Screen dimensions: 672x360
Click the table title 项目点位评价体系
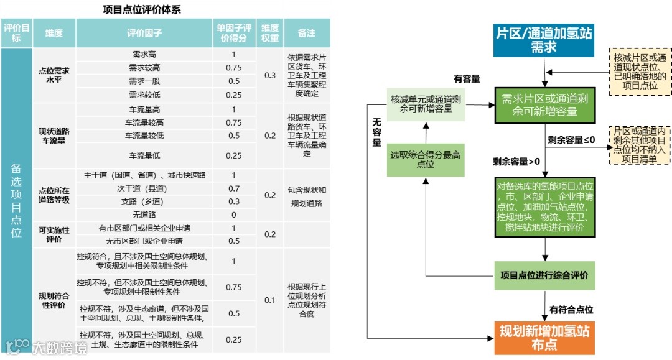(x=142, y=9)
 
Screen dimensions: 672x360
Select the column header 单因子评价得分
(x=234, y=33)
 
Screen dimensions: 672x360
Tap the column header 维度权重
(x=269, y=33)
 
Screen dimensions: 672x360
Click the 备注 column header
(x=307, y=33)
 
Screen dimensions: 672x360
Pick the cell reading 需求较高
(x=144, y=68)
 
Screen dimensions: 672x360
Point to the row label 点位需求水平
(x=54, y=75)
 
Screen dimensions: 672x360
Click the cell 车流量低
(x=144, y=155)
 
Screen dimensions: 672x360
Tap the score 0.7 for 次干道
(x=234, y=188)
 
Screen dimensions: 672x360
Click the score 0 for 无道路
(x=234, y=215)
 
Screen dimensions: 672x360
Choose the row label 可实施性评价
(x=54, y=234)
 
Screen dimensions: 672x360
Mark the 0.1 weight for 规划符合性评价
(x=269, y=300)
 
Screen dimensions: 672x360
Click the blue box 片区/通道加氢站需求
(x=544, y=40)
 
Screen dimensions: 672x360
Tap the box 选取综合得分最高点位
(x=426, y=159)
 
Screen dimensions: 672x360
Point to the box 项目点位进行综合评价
(x=544, y=274)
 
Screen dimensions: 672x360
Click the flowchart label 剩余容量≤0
(x=571, y=140)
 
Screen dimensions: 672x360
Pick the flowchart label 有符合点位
(x=571, y=310)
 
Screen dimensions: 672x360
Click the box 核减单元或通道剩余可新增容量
(x=426, y=104)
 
